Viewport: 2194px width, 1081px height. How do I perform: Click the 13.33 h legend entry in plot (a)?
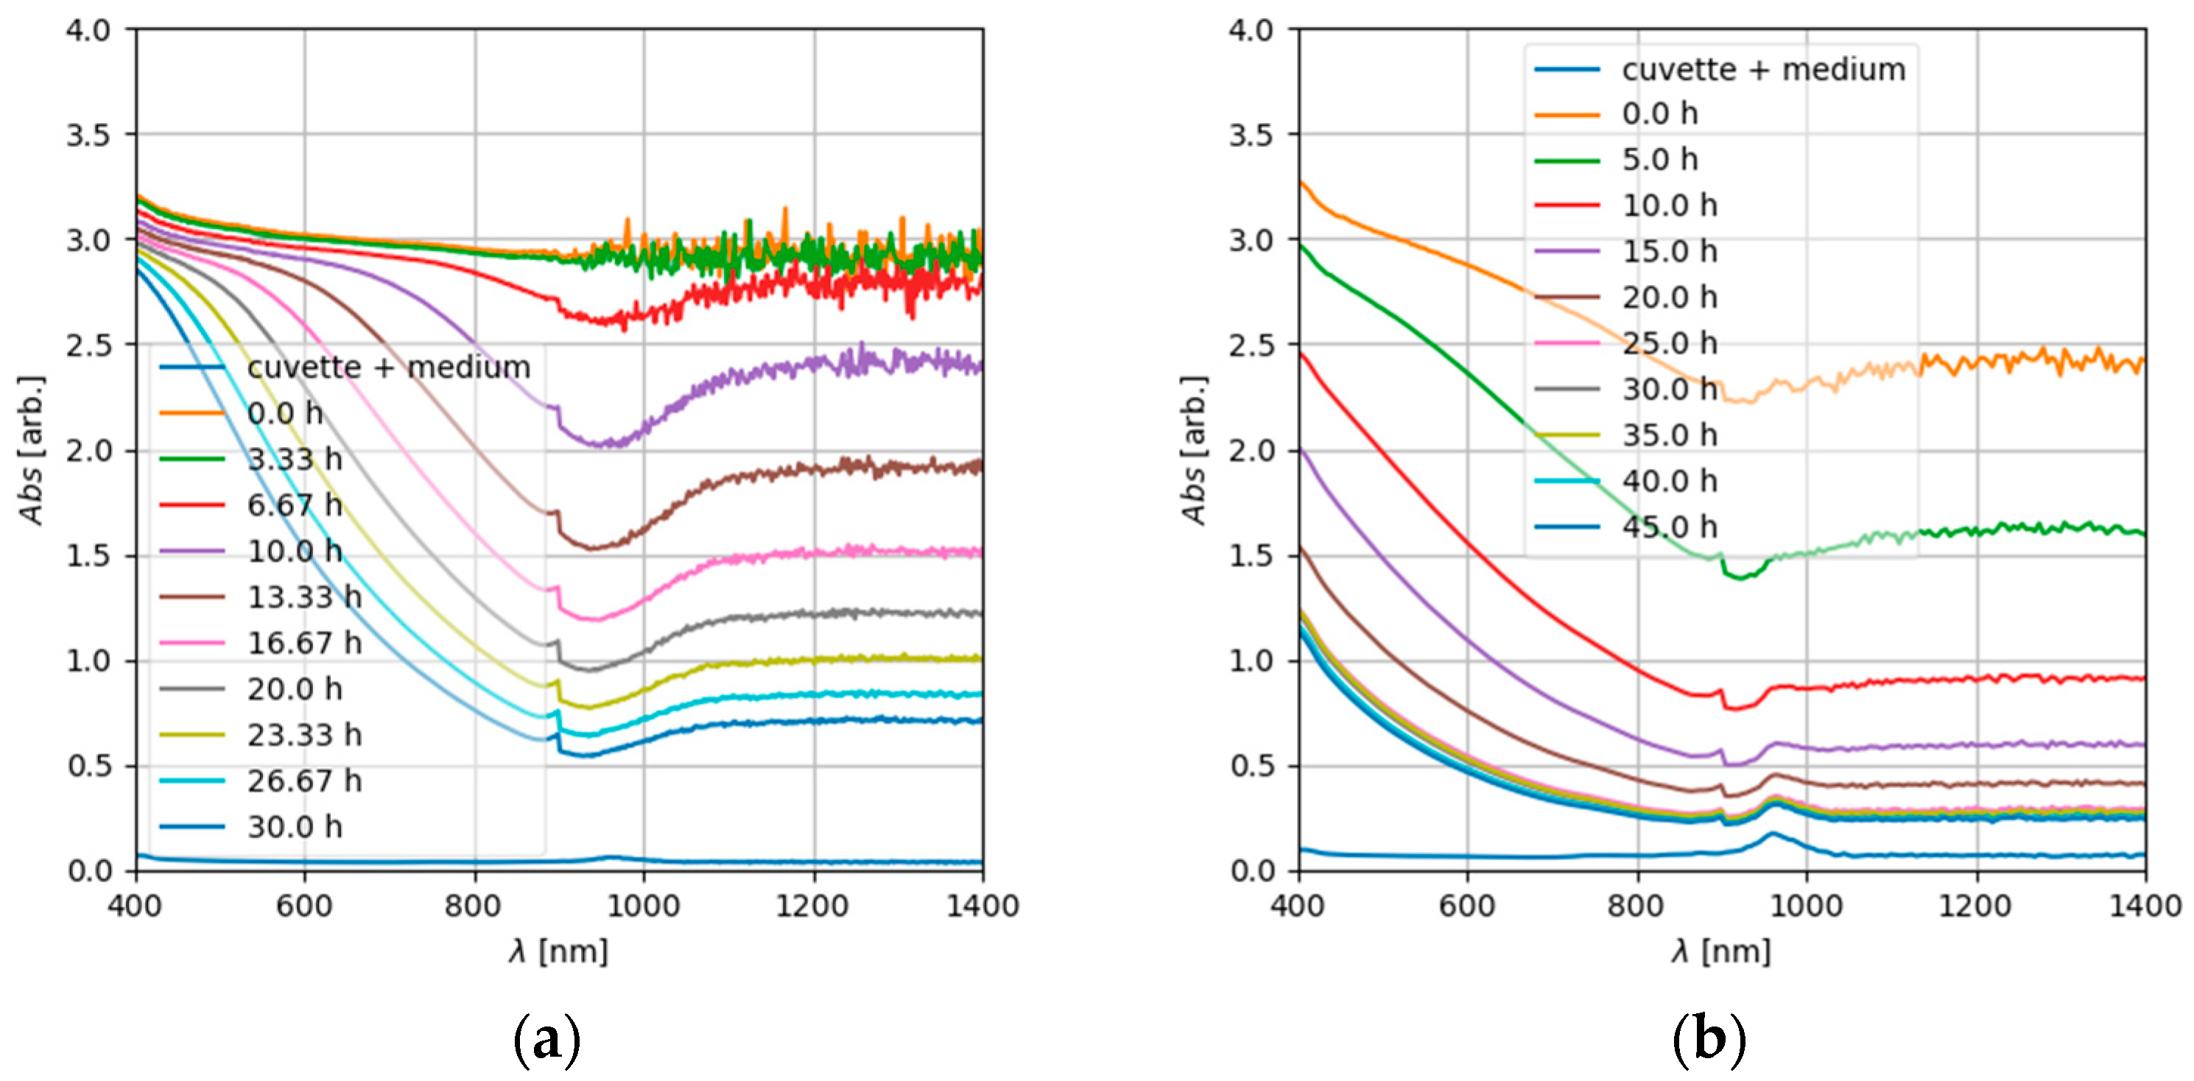(304, 597)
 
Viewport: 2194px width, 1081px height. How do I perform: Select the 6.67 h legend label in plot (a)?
(295, 505)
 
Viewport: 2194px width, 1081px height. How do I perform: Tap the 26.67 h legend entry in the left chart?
(304, 781)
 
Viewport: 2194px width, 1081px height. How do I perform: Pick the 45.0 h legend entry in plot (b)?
(1668, 527)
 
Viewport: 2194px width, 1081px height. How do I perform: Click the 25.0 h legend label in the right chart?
(1668, 343)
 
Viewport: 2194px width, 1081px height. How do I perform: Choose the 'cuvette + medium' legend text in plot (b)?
(1763, 69)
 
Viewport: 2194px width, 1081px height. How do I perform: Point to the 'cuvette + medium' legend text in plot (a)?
(388, 367)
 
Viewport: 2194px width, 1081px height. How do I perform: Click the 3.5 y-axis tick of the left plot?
(88, 135)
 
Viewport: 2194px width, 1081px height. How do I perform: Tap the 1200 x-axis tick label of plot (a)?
(812, 906)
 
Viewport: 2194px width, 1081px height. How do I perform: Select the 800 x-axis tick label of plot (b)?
(1635, 906)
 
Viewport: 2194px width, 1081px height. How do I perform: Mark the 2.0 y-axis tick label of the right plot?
(1251, 451)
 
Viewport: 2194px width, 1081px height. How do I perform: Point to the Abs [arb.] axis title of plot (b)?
(1194, 451)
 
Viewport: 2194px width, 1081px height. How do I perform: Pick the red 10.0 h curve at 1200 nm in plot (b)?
(1976, 678)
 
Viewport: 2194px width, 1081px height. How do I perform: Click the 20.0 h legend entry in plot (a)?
(295, 689)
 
